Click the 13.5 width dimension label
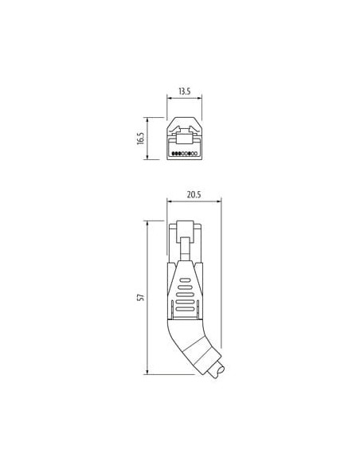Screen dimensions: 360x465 (x=184, y=92)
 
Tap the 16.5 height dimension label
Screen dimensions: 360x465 (x=140, y=139)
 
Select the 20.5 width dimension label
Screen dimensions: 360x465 (x=194, y=194)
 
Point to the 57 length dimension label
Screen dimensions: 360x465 (x=141, y=298)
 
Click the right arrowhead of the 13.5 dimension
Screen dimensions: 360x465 (x=199, y=98)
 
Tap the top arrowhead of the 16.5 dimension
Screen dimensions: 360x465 (x=147, y=119)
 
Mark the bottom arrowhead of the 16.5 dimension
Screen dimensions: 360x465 (x=147, y=157)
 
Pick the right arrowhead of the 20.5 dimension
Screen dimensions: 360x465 (x=219, y=201)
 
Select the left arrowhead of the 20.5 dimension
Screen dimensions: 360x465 (x=170, y=201)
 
